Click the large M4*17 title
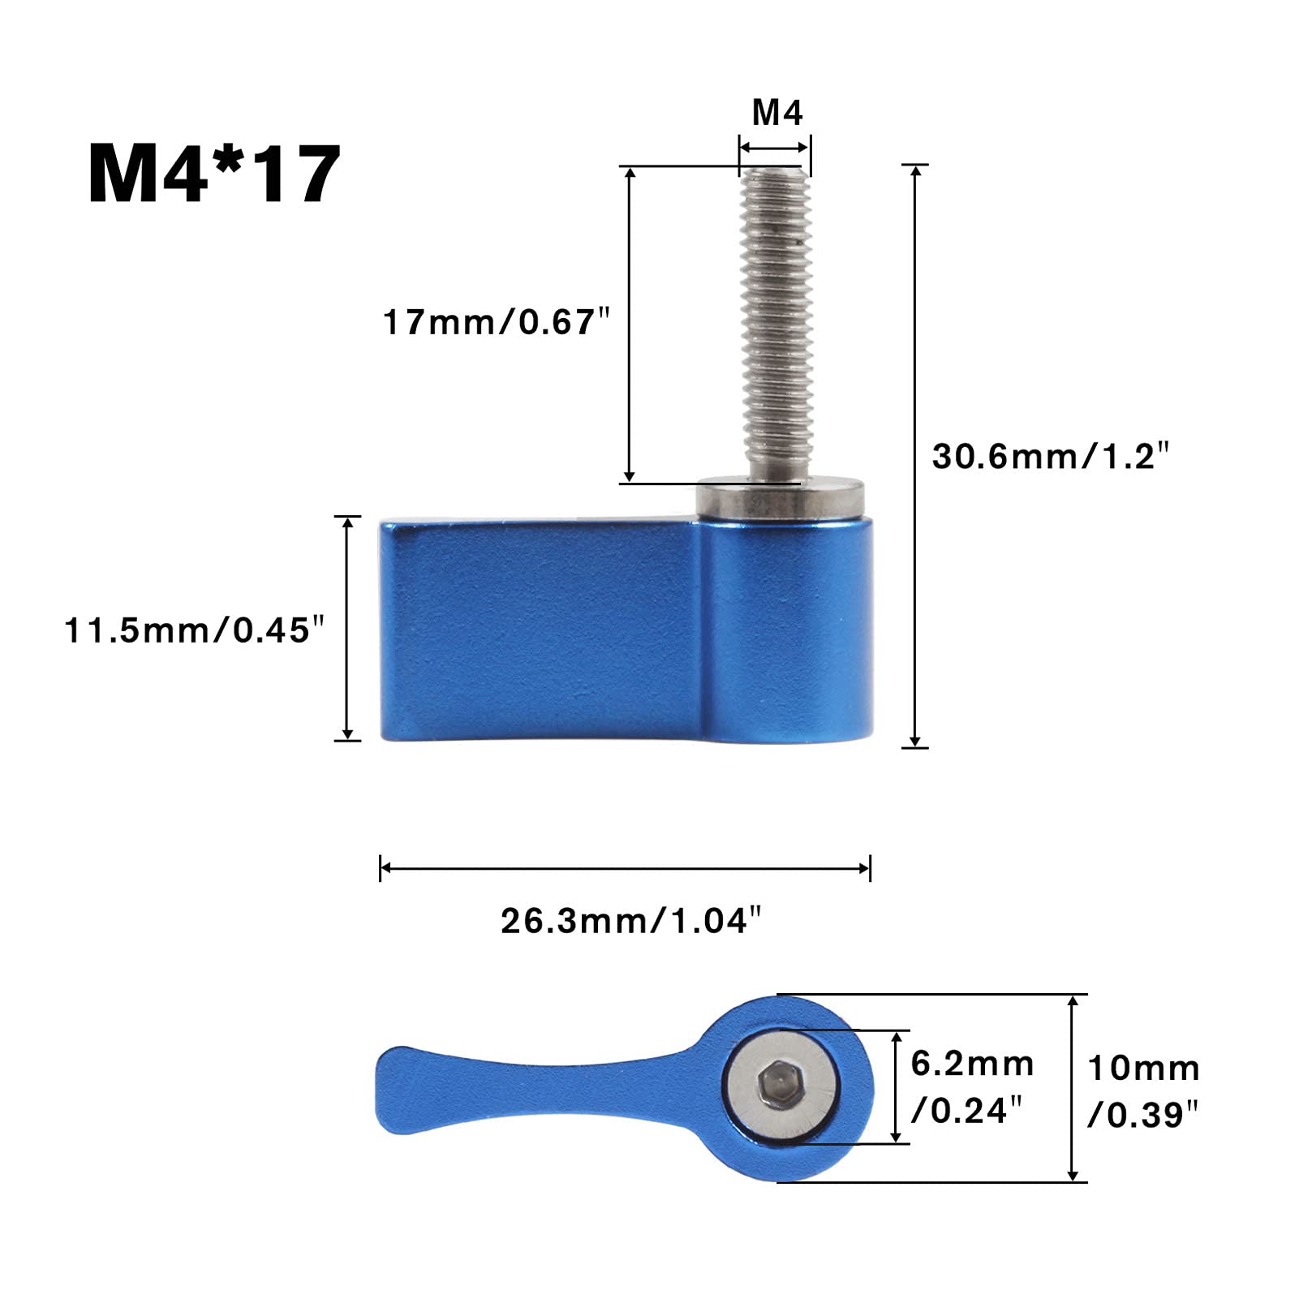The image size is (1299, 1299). click(x=214, y=174)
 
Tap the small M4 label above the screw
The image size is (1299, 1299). click(x=777, y=113)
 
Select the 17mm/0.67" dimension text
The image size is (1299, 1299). click(x=496, y=322)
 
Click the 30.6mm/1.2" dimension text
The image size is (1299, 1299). click(x=1052, y=456)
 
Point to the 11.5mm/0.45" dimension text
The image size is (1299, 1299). click(x=195, y=630)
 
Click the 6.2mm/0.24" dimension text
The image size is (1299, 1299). click(x=972, y=1086)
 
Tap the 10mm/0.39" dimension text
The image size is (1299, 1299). click(x=1143, y=1091)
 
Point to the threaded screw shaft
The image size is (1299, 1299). click(x=776, y=325)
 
